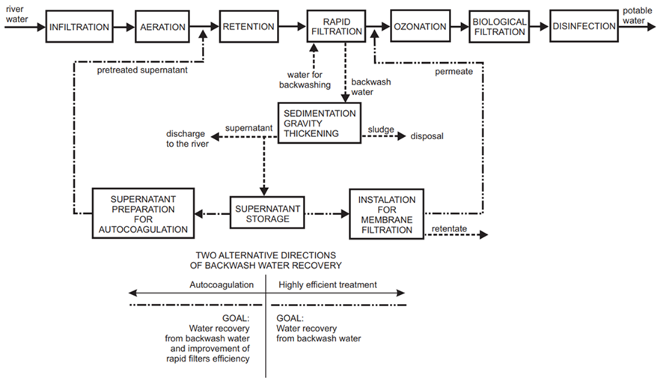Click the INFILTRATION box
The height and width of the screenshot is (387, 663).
[x=79, y=27]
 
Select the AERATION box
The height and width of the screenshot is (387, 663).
[x=162, y=27]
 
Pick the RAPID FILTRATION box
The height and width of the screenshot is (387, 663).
[x=335, y=27]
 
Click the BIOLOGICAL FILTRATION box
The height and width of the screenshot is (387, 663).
[x=499, y=27]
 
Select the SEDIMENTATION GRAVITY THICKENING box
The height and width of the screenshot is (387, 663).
[x=320, y=124]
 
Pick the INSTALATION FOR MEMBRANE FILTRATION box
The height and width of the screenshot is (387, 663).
[x=385, y=213]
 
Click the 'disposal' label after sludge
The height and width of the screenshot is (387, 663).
[x=427, y=136]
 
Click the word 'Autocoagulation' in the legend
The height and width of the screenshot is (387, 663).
[x=221, y=285]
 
